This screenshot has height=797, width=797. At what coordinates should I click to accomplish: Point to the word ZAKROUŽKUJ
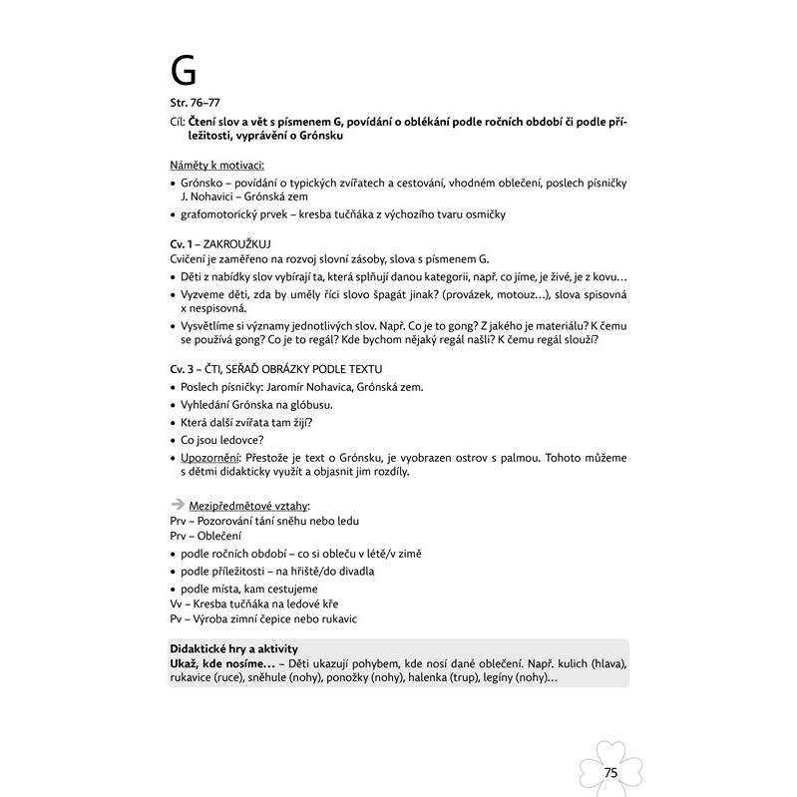tap(244, 242)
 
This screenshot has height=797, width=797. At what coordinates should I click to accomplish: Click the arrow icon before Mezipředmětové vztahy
tap(178, 505)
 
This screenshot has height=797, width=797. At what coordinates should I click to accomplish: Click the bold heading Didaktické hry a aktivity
tap(234, 648)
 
